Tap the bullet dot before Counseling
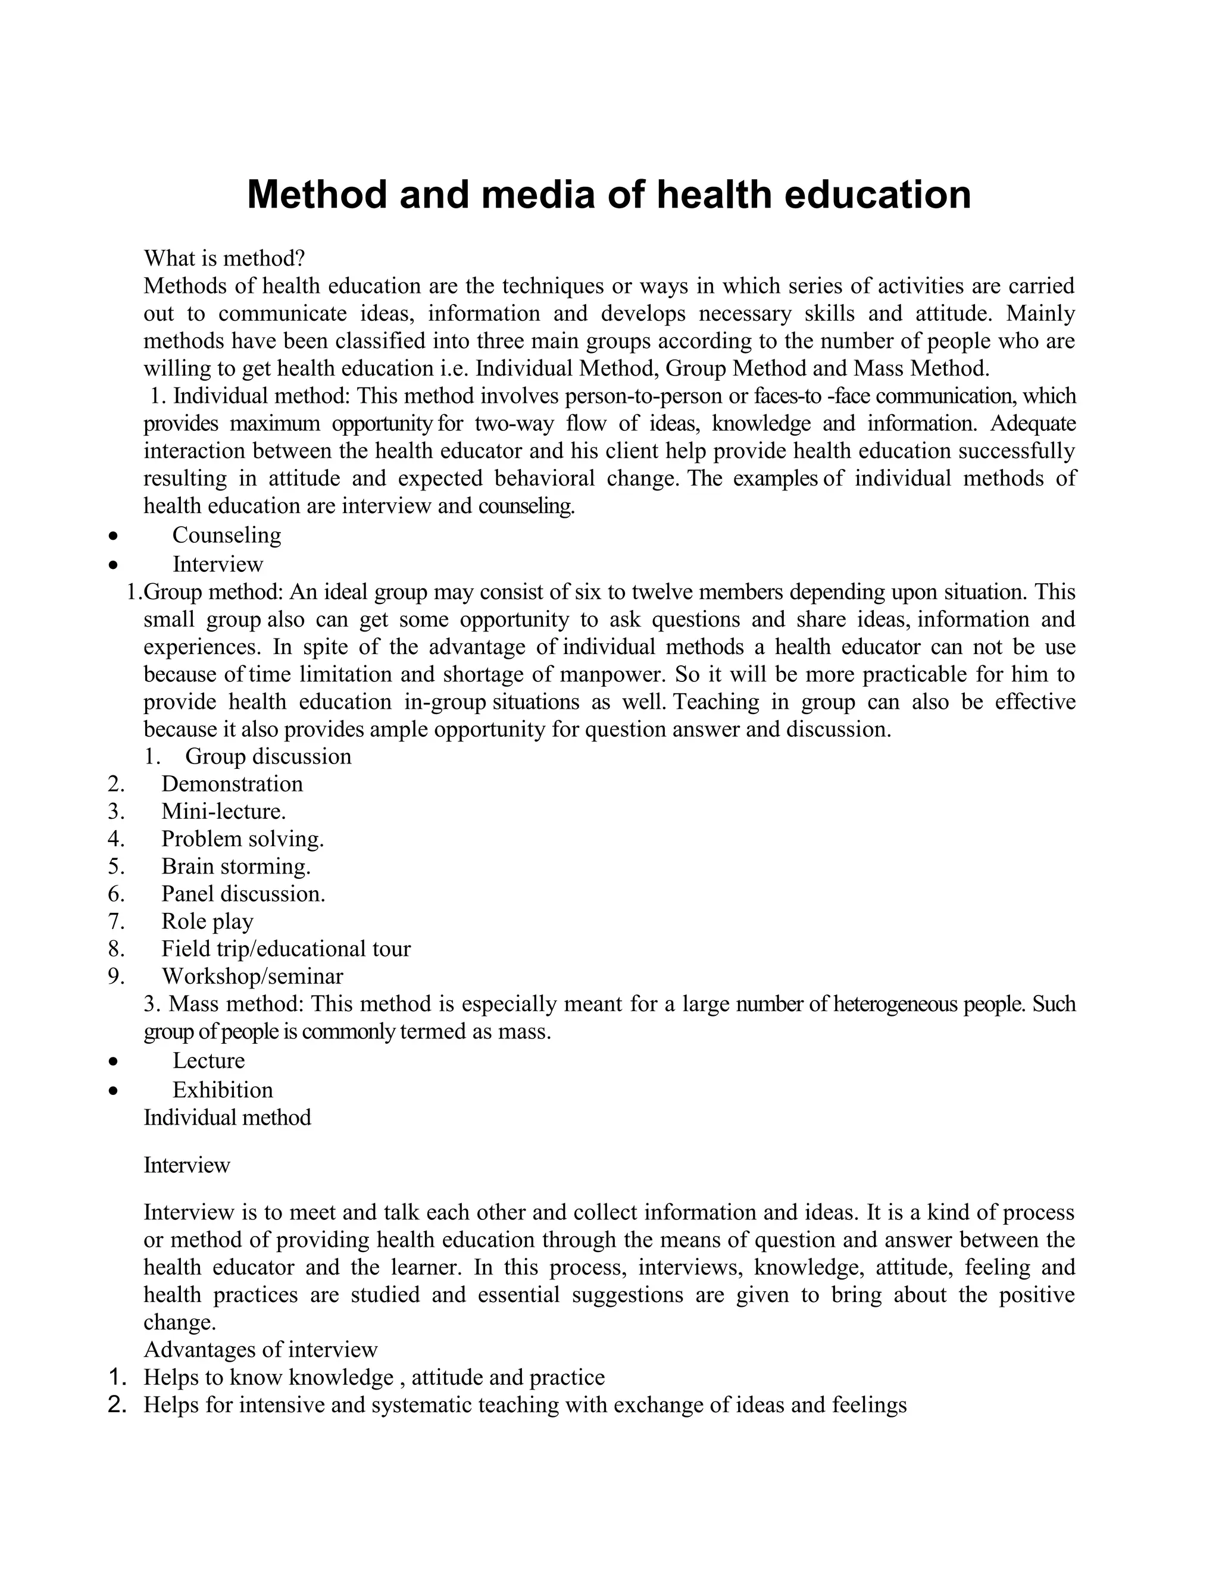coord(112,536)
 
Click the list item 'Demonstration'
coord(232,784)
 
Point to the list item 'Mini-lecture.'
coord(223,811)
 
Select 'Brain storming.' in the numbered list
coord(236,866)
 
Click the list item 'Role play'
coord(207,921)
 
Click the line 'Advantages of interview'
coord(261,1350)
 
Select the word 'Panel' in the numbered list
coord(187,894)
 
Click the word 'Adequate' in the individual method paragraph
coord(1033,423)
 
